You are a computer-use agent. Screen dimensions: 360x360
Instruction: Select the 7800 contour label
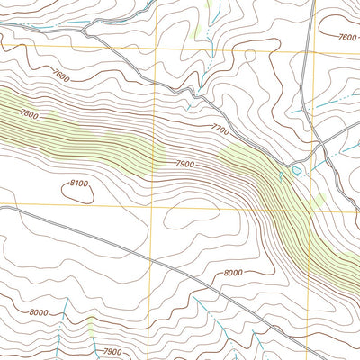point(29,114)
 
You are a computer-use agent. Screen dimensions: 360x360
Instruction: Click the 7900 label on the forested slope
point(186,164)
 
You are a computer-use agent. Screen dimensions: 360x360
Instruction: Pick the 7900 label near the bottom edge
point(113,351)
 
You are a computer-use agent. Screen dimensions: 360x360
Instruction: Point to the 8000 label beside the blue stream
point(38,312)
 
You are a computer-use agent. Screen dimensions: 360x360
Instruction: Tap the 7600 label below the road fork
point(61,76)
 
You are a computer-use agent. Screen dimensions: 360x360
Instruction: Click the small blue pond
point(296,169)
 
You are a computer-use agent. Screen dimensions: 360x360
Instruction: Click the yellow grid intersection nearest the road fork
point(158,45)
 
